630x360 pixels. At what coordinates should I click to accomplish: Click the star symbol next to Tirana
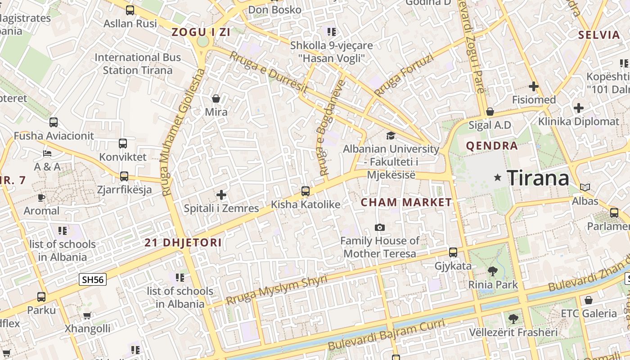(x=497, y=177)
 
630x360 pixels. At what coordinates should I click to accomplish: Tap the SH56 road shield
(x=93, y=279)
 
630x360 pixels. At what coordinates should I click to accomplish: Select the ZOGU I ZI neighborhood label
(x=201, y=32)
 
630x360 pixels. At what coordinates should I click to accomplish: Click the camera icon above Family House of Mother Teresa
(x=380, y=227)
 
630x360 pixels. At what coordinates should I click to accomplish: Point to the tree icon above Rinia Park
(x=493, y=271)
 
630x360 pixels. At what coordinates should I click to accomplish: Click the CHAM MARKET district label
(x=406, y=202)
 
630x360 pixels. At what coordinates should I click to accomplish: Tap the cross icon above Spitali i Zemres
(x=221, y=195)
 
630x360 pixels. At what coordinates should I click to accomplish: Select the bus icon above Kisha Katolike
(x=306, y=191)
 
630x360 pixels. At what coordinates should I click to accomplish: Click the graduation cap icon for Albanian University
(x=391, y=135)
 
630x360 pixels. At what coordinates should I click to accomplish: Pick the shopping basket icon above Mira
(x=216, y=99)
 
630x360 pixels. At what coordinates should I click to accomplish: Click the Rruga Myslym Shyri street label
(x=276, y=290)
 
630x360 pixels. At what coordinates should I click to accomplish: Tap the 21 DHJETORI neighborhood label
(x=183, y=243)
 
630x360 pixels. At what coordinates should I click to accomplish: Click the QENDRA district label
(x=492, y=146)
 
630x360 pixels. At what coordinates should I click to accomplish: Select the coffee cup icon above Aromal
(x=41, y=198)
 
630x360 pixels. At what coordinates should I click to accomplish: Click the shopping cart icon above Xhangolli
(x=87, y=315)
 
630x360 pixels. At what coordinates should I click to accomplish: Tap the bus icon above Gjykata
(x=453, y=252)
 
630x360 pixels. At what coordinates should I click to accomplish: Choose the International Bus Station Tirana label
(x=138, y=64)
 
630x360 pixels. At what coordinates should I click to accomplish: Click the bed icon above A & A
(x=47, y=153)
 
